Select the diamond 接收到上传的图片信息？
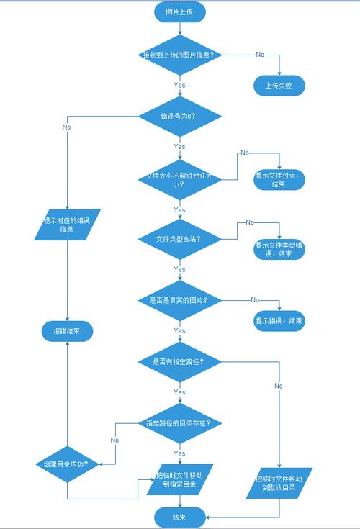(x=180, y=55)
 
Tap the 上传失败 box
(x=279, y=86)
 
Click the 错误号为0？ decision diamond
(x=180, y=115)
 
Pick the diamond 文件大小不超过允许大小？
(x=180, y=178)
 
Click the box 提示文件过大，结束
(x=279, y=179)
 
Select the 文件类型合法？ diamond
(x=180, y=238)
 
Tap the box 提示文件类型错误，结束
(x=279, y=250)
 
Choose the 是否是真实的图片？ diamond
(x=180, y=299)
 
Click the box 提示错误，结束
(x=279, y=320)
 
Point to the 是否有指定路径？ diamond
(x=180, y=361)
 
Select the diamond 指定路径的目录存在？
(x=180, y=423)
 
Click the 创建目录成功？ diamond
(x=67, y=464)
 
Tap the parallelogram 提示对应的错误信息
(x=67, y=225)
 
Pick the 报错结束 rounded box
(x=67, y=332)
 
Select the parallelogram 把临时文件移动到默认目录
(x=279, y=483)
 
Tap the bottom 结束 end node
(x=180, y=516)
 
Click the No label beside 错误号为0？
(x=66, y=127)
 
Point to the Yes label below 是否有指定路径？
(x=180, y=392)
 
